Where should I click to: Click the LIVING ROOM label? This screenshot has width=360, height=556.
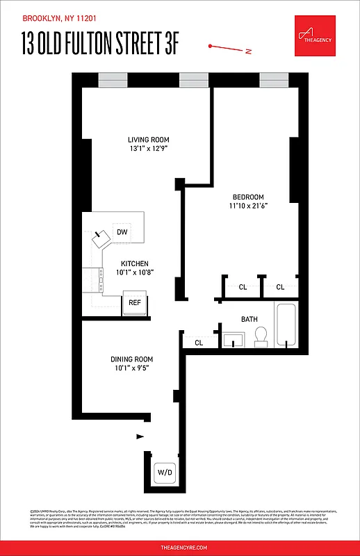click(x=149, y=139)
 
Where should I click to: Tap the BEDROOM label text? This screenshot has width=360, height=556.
click(x=248, y=196)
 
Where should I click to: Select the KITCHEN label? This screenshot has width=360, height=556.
click(x=135, y=263)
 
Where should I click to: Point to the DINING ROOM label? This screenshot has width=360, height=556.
click(x=132, y=359)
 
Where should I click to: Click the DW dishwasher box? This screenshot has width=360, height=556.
click(x=122, y=232)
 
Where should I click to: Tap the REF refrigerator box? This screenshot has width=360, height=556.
click(x=135, y=303)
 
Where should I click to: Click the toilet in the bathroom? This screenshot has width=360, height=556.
click(x=262, y=337)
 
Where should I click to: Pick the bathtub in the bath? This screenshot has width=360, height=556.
click(x=286, y=325)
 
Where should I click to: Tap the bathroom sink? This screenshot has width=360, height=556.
click(x=232, y=340)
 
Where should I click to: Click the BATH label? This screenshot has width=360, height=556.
click(x=249, y=320)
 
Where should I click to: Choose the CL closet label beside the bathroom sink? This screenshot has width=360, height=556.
click(x=199, y=343)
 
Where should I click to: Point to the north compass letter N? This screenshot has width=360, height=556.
click(x=248, y=51)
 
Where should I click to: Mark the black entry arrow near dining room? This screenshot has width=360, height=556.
click(x=140, y=436)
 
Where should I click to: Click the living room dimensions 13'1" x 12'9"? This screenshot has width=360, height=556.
click(x=149, y=148)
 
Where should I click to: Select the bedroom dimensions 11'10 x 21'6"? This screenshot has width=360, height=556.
click(x=248, y=206)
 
